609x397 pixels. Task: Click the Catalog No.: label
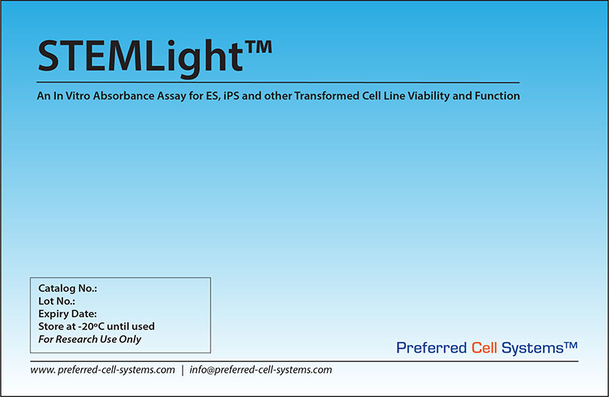coord(68,288)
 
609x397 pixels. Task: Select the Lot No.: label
coord(56,301)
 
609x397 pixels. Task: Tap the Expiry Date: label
coord(68,314)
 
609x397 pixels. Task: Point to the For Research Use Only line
coord(89,339)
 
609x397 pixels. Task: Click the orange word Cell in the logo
coord(485,347)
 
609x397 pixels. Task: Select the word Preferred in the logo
coord(432,347)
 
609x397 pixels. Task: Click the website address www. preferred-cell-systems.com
coord(103,370)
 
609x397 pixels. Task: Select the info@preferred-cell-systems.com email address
coord(261,370)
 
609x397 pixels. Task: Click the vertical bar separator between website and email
coord(182,370)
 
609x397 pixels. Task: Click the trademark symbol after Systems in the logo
coord(570,344)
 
